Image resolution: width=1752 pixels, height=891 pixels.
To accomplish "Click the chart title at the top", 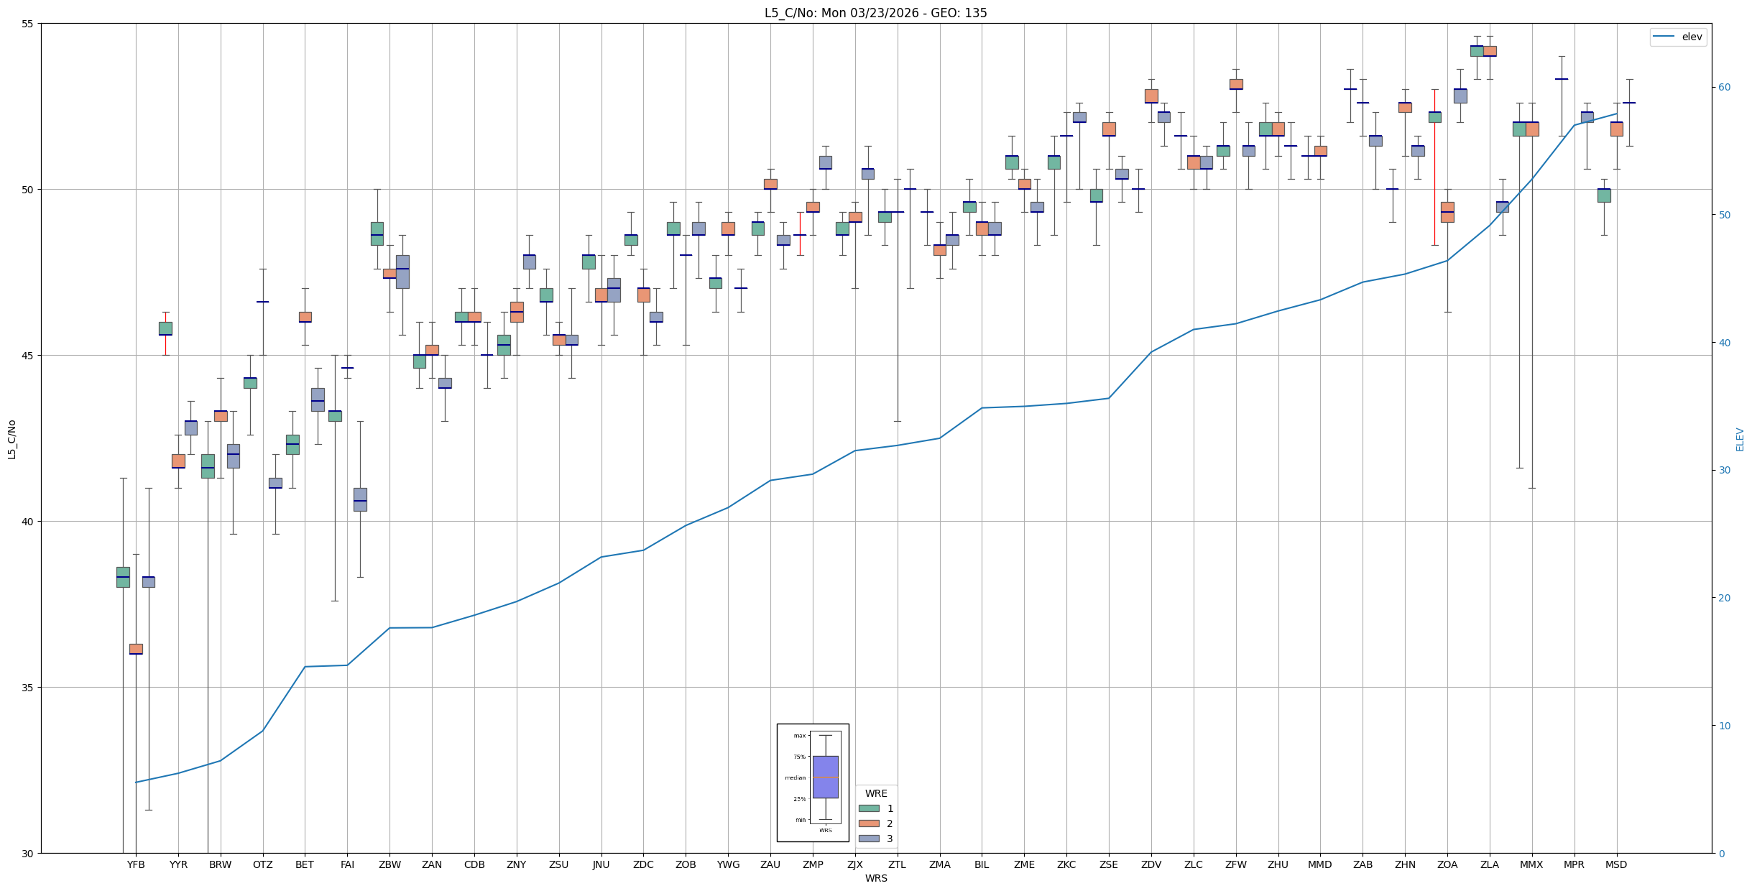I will (875, 13).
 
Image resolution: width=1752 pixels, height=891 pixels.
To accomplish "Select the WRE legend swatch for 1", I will (869, 808).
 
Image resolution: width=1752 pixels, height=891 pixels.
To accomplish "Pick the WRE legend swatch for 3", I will (869, 839).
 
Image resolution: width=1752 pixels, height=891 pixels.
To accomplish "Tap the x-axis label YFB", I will (136, 864).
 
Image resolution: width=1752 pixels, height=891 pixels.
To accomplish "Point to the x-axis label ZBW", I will (389, 864).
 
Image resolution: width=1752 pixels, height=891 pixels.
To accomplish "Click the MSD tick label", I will (1616, 864).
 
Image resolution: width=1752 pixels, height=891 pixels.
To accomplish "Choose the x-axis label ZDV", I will (1151, 864).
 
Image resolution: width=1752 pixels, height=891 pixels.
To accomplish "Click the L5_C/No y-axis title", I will (11, 439).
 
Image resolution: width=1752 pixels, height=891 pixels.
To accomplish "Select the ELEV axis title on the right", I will (1740, 439).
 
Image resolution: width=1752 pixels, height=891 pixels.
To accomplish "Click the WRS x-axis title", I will (876, 878).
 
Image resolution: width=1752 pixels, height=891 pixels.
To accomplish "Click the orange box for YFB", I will (136, 649).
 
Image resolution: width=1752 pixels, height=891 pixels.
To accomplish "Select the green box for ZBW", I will (377, 234).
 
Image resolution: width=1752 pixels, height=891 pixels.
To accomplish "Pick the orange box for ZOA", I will (1447, 212).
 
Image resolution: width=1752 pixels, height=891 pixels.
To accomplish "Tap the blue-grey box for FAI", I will (360, 499).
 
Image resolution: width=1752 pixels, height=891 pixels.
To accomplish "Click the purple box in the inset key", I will (825, 777).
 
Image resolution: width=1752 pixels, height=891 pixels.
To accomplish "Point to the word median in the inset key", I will (795, 777).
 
